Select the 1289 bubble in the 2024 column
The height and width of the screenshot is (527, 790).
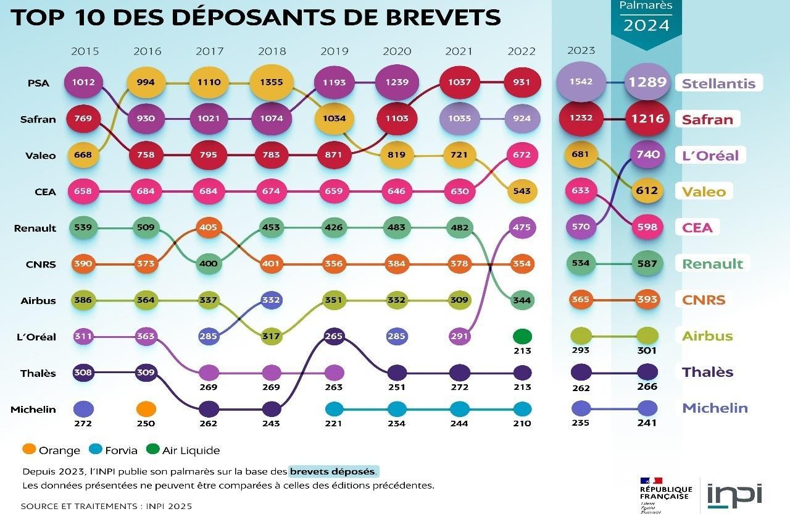coord(647,82)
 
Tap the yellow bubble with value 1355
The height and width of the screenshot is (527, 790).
coord(272,83)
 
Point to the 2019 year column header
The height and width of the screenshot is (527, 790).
coord(334,51)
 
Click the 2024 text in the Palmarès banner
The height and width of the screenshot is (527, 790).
coord(646,25)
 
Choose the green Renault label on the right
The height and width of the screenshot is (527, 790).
coord(712,264)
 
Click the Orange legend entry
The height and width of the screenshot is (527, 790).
coord(52,450)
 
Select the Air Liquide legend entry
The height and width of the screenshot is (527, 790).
coord(183,450)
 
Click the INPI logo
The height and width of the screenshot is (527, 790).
coord(734,495)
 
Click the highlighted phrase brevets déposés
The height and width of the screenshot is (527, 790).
coord(333,471)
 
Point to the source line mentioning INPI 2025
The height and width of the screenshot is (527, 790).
coord(106,506)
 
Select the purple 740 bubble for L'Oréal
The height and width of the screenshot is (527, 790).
coord(647,154)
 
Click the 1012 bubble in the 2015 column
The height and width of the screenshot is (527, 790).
coord(83,83)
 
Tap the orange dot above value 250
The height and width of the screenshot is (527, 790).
coord(146,409)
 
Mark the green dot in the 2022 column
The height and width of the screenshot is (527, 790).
coord(522,337)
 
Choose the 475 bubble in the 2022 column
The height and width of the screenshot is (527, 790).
coord(522,227)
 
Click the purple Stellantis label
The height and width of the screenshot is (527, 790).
coord(718,83)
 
